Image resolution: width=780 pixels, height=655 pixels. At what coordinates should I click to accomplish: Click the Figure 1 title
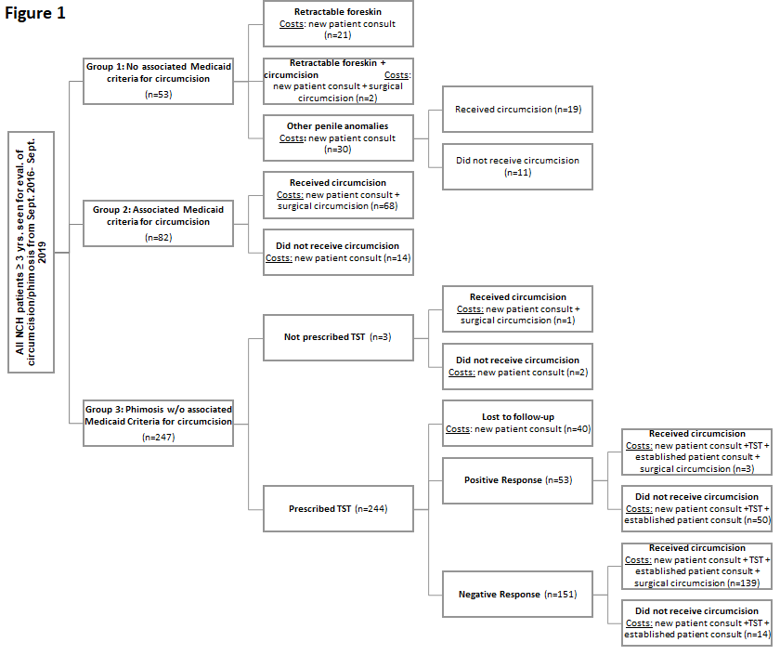[x=35, y=13]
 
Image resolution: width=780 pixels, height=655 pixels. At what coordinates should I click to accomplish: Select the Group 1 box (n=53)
[x=158, y=81]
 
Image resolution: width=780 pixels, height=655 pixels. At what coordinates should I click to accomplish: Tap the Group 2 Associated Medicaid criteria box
[x=158, y=224]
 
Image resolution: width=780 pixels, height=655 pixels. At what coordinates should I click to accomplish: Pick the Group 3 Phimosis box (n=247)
[x=158, y=423]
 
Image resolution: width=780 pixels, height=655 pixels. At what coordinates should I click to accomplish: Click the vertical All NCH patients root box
[x=31, y=253]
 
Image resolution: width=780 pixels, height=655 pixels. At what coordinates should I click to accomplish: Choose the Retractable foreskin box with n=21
[x=338, y=23]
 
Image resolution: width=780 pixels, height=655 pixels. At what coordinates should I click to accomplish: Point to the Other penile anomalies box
[x=338, y=138]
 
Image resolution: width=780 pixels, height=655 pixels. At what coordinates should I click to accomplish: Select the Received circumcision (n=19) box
[x=517, y=110]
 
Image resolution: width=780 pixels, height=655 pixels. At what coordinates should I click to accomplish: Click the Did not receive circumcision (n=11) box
[x=517, y=166]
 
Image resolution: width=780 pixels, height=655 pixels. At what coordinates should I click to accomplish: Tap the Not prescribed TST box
[x=338, y=337]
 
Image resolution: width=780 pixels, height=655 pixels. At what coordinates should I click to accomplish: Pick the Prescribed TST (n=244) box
[x=338, y=509]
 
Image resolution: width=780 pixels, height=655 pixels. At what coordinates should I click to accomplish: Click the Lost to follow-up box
[x=517, y=423]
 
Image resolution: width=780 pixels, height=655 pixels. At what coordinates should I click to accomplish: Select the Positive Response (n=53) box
[x=517, y=480]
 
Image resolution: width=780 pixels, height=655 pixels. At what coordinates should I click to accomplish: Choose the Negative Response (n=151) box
[x=517, y=595]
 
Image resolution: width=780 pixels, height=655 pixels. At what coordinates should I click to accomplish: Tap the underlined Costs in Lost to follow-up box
[x=458, y=429]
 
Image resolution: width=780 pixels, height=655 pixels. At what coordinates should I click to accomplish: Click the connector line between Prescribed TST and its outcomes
[x=428, y=509]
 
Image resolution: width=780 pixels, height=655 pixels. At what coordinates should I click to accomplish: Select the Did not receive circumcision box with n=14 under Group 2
[x=338, y=253]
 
